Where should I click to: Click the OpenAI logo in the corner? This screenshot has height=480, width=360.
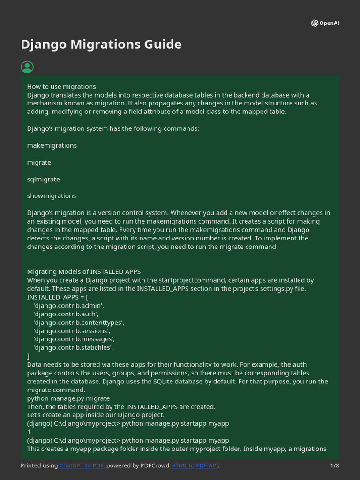(x=324, y=23)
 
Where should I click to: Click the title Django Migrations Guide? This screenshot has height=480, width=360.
(x=101, y=45)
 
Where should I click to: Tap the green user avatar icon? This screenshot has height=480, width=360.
(x=27, y=67)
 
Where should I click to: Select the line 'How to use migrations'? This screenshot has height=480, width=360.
(x=61, y=86)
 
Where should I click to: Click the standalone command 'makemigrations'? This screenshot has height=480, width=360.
(x=52, y=145)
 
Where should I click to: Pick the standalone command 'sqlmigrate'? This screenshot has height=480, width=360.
(x=44, y=179)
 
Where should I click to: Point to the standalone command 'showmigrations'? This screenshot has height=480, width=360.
(x=52, y=196)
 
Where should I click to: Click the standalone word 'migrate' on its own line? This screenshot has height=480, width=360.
(x=39, y=162)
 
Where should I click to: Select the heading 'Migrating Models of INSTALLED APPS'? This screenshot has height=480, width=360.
(x=84, y=271)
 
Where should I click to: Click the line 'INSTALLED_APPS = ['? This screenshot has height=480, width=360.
(x=58, y=297)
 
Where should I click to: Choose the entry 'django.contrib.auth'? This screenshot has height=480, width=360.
(x=66, y=314)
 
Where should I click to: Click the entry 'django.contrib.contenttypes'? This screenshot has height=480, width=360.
(x=79, y=322)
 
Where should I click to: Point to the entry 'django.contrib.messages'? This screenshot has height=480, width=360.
(x=74, y=339)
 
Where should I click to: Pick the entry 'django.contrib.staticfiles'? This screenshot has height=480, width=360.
(x=73, y=347)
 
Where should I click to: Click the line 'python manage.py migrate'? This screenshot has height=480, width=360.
(x=68, y=398)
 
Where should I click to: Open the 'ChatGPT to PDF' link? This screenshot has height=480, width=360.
(x=82, y=465)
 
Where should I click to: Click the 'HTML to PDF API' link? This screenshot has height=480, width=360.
(x=195, y=465)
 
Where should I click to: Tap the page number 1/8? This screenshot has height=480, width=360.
(x=334, y=465)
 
